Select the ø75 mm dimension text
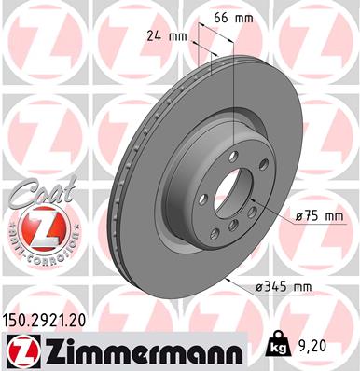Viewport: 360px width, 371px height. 319,216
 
